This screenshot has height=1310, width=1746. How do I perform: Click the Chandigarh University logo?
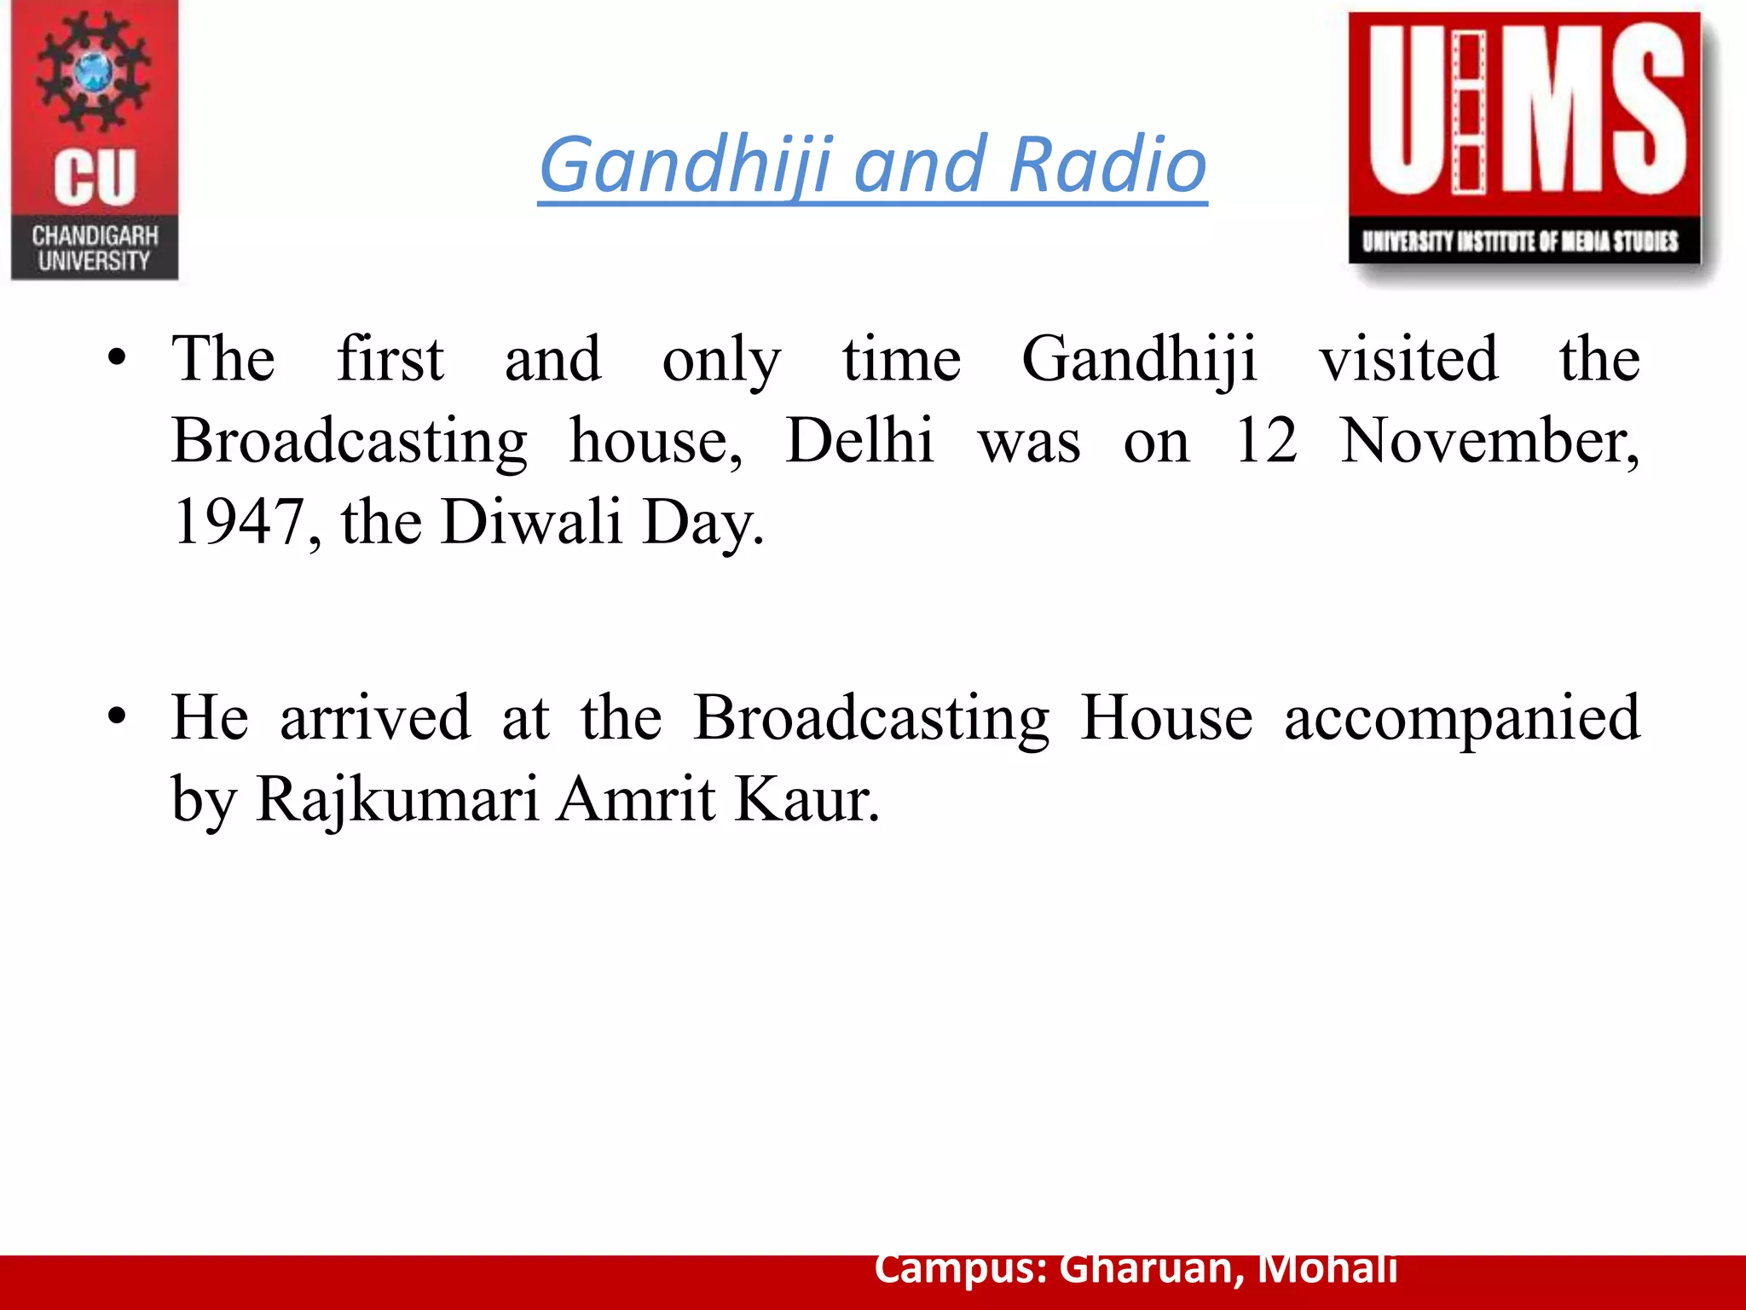click(x=95, y=141)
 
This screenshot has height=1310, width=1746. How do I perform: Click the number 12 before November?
click(x=1266, y=441)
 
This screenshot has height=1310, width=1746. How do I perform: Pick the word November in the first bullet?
click(x=1489, y=443)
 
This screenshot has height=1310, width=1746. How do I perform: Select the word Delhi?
click(x=859, y=441)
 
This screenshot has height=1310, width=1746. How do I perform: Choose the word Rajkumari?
click(x=397, y=800)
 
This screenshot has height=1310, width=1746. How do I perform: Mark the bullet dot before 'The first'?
click(x=118, y=358)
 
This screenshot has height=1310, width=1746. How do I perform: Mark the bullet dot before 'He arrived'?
click(x=118, y=717)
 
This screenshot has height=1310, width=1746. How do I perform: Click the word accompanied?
click(x=1461, y=719)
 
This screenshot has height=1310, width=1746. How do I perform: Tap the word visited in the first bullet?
click(x=1408, y=359)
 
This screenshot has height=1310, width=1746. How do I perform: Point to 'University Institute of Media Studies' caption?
click(x=1520, y=241)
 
